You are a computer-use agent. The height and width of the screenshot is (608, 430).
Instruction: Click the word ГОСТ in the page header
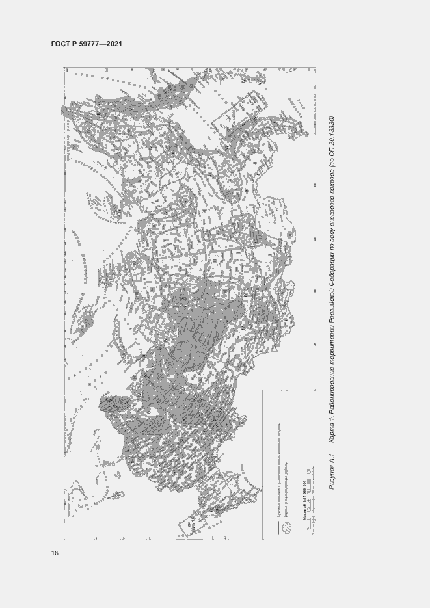pos(60,44)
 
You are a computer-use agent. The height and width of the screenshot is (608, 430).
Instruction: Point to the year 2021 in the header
pos(115,44)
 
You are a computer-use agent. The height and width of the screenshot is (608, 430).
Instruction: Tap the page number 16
pos(55,553)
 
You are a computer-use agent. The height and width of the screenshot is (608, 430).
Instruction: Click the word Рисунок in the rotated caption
pos(332,475)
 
